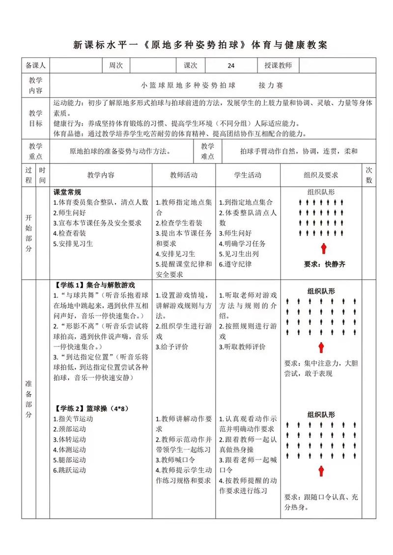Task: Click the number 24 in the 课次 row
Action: (x=231, y=65)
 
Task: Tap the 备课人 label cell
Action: (x=35, y=65)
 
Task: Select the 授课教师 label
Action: (x=278, y=65)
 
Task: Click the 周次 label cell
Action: (x=116, y=65)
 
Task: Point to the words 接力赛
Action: (x=271, y=85)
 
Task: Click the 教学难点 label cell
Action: (x=208, y=151)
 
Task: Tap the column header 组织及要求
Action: (x=321, y=175)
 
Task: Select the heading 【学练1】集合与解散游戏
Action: (x=95, y=285)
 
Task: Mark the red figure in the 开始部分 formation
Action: (x=324, y=248)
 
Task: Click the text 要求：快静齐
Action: (x=324, y=264)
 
